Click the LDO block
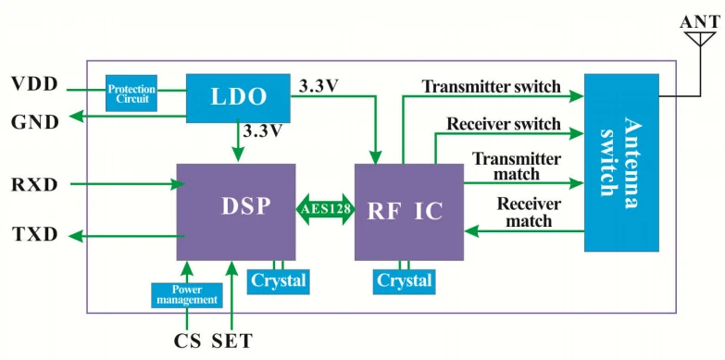[238, 98]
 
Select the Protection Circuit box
[131, 93]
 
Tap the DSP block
[236, 212]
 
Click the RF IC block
[408, 212]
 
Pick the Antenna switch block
[621, 162]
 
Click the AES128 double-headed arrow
[325, 209]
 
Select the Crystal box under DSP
[278, 281]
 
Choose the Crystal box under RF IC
[404, 281]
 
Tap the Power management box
[187, 295]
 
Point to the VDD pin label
[35, 84]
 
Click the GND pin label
[35, 122]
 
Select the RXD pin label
[34, 185]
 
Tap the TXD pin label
[34, 235]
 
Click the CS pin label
[187, 341]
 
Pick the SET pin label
[232, 341]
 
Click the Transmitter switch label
[491, 86]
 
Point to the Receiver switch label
[504, 124]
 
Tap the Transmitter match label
[517, 167]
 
